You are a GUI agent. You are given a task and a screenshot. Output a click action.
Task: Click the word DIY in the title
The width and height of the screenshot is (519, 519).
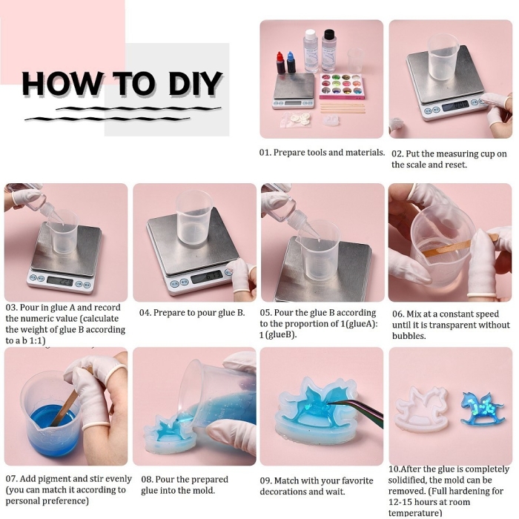coord(195,83)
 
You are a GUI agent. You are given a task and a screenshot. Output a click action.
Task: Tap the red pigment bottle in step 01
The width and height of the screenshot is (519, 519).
coord(281,63)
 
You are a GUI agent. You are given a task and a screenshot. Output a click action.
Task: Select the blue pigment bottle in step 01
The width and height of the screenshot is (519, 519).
coord(291,62)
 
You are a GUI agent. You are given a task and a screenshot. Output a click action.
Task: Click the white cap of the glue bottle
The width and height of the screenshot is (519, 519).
coord(311,34)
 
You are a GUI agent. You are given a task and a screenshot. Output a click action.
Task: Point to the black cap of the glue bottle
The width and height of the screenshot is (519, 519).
coord(329,34)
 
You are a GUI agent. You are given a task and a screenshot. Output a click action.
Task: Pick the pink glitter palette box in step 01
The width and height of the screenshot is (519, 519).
coord(343,87)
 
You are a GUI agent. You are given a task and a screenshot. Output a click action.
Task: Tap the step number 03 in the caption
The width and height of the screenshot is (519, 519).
coord(11,308)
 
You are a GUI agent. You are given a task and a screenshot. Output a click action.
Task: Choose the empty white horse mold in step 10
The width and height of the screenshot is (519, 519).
coord(422,409)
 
